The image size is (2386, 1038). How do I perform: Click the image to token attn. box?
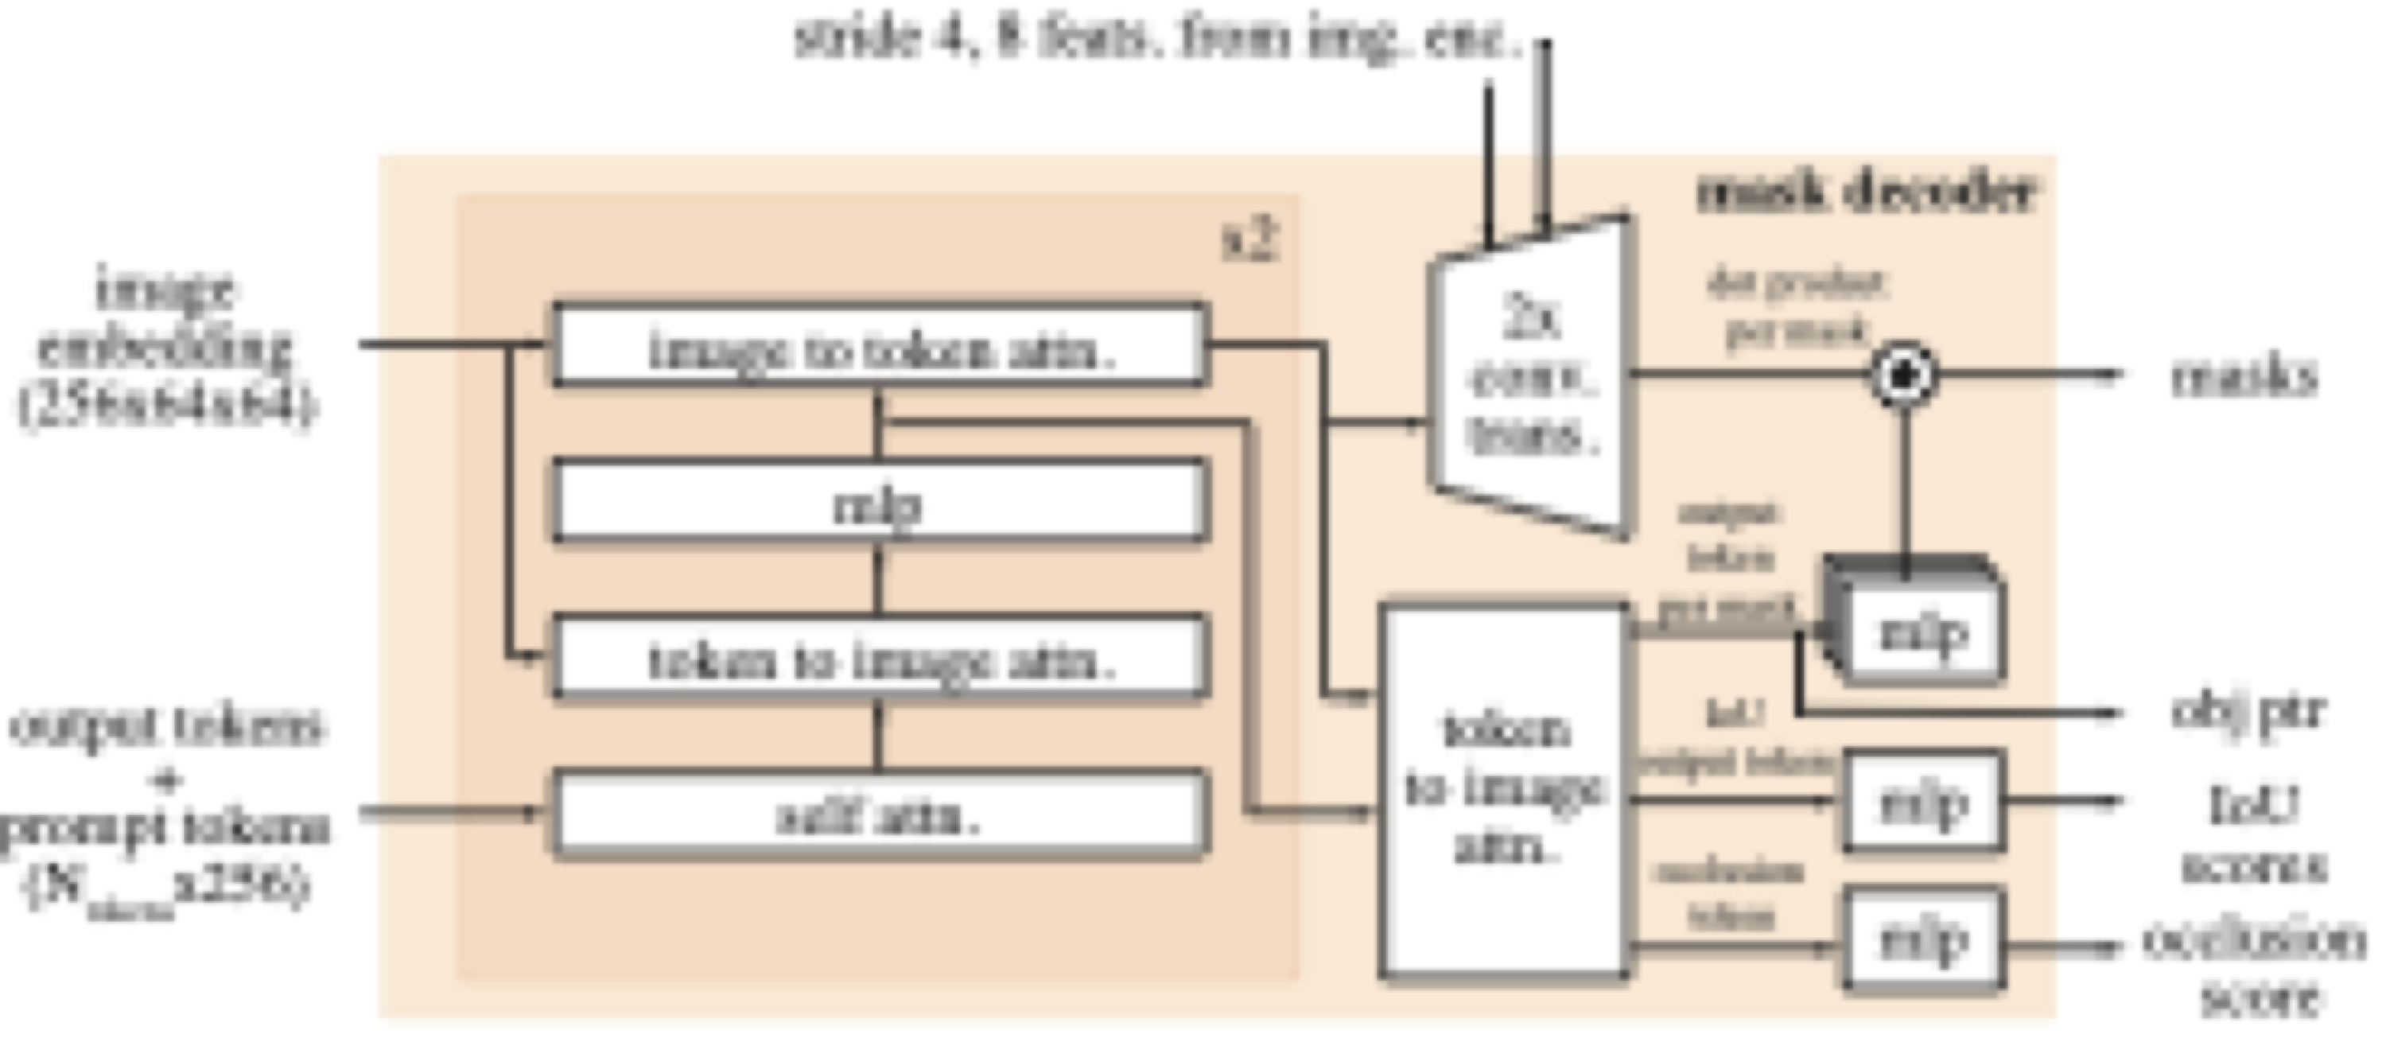point(880,344)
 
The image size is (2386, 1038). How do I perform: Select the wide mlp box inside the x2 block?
point(880,501)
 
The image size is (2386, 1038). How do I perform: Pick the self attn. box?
point(880,813)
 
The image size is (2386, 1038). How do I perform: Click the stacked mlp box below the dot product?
point(1922,630)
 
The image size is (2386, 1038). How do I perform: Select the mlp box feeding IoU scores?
point(1923,801)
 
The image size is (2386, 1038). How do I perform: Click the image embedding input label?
point(167,348)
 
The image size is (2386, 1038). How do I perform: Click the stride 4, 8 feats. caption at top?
point(1158,39)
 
